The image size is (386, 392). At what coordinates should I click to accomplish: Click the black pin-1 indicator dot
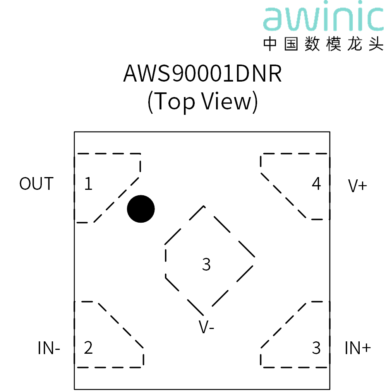[x=141, y=209]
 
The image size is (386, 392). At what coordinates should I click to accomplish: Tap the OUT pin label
[x=36, y=184]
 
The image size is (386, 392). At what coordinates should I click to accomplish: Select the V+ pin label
[x=357, y=186]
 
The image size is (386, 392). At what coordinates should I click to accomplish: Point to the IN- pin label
[x=49, y=348]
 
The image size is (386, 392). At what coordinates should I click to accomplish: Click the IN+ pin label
[x=357, y=348]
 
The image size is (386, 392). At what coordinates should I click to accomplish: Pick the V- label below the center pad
[x=206, y=327]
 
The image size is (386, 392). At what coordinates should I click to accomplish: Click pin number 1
[x=88, y=184]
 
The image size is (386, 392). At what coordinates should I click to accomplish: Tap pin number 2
[x=88, y=348]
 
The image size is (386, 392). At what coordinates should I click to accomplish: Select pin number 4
[x=316, y=184]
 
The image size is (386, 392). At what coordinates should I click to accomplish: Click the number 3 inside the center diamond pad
[x=206, y=264]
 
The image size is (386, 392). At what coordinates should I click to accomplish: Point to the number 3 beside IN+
[x=316, y=348]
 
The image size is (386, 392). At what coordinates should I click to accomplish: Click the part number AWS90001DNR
[x=202, y=73]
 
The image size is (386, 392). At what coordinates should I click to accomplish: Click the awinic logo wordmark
[x=323, y=15]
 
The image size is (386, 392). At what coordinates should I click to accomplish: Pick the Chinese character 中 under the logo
[x=270, y=44]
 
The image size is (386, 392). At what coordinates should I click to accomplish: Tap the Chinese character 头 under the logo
[x=376, y=44]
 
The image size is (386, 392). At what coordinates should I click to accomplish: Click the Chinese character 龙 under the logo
[x=355, y=44]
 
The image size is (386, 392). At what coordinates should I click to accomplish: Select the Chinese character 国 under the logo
[x=291, y=44]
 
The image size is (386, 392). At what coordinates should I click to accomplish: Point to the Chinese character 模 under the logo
[x=333, y=44]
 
